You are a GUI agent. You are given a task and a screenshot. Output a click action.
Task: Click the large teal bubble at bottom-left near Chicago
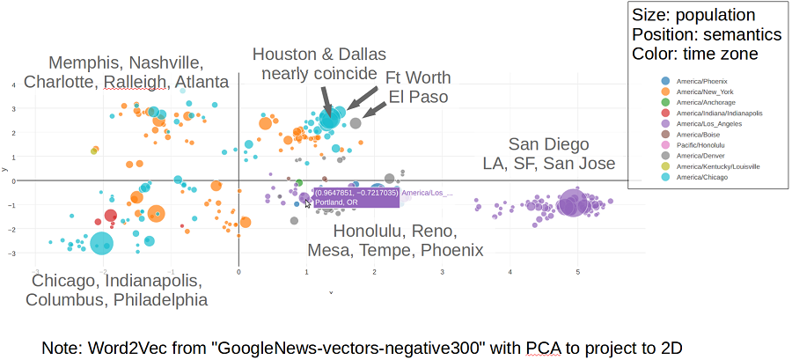[x=102, y=244]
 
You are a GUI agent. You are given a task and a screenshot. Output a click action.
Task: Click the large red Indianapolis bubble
[x=111, y=216]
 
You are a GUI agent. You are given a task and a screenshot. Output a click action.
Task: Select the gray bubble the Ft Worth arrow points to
[x=356, y=123]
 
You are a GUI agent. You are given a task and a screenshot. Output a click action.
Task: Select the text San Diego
[x=548, y=144]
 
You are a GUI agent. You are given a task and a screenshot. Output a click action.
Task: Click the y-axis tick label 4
[x=12, y=84]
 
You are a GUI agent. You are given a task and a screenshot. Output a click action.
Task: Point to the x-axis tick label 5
[x=577, y=272]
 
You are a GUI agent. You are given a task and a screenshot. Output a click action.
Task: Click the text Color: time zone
[x=693, y=54]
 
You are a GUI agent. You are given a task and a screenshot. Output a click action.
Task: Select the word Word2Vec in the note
[x=121, y=348]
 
